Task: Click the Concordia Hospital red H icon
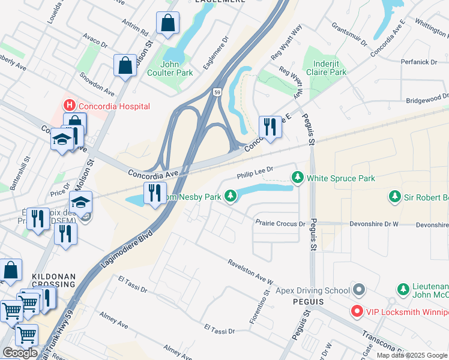click(x=70, y=106)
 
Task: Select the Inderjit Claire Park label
click(x=325, y=67)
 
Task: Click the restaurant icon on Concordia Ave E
click(x=270, y=127)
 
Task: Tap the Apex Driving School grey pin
click(x=359, y=290)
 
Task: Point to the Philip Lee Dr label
click(x=255, y=173)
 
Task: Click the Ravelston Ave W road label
click(x=250, y=272)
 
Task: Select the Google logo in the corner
click(x=20, y=353)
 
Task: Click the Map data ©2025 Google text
click(x=412, y=355)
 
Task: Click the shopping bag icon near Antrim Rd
click(x=167, y=23)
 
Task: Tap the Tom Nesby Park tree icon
click(x=230, y=196)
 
